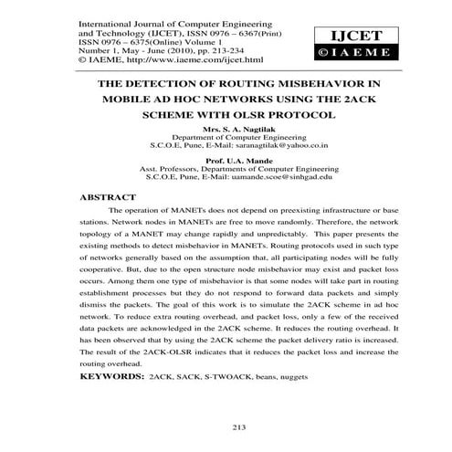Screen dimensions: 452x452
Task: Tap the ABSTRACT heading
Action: [x=111, y=196]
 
